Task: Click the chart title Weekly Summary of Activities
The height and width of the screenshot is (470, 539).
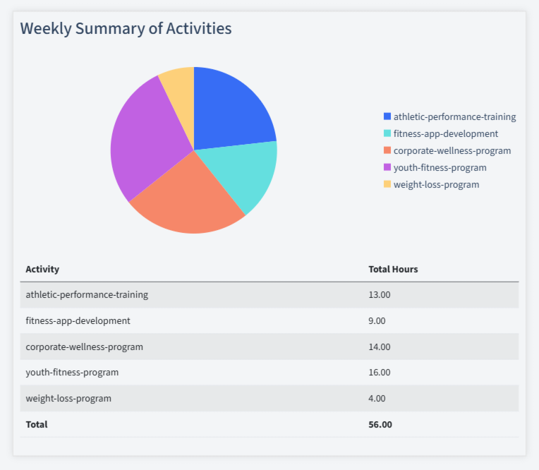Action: (126, 29)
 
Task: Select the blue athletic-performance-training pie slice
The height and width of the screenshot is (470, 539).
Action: (229, 109)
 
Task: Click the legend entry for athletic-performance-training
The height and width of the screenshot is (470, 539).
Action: (454, 116)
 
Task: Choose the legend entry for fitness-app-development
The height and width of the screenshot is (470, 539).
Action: (445, 133)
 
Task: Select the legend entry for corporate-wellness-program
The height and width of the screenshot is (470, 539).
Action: (452, 150)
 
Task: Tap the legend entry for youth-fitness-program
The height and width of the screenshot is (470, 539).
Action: (440, 167)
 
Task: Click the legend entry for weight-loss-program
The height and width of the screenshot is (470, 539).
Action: (436, 184)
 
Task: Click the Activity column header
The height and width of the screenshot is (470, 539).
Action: (42, 270)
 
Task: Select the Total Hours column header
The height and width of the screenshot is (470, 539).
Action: (393, 270)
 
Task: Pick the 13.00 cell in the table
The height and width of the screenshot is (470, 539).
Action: (380, 295)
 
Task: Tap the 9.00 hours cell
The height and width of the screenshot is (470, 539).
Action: (377, 320)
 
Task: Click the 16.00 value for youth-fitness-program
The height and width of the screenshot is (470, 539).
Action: (380, 372)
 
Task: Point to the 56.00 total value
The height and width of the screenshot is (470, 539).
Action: (380, 424)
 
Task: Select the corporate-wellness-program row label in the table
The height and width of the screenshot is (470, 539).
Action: (84, 347)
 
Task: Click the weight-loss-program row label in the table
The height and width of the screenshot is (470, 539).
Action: (68, 398)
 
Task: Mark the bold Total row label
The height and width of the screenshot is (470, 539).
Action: (37, 424)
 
